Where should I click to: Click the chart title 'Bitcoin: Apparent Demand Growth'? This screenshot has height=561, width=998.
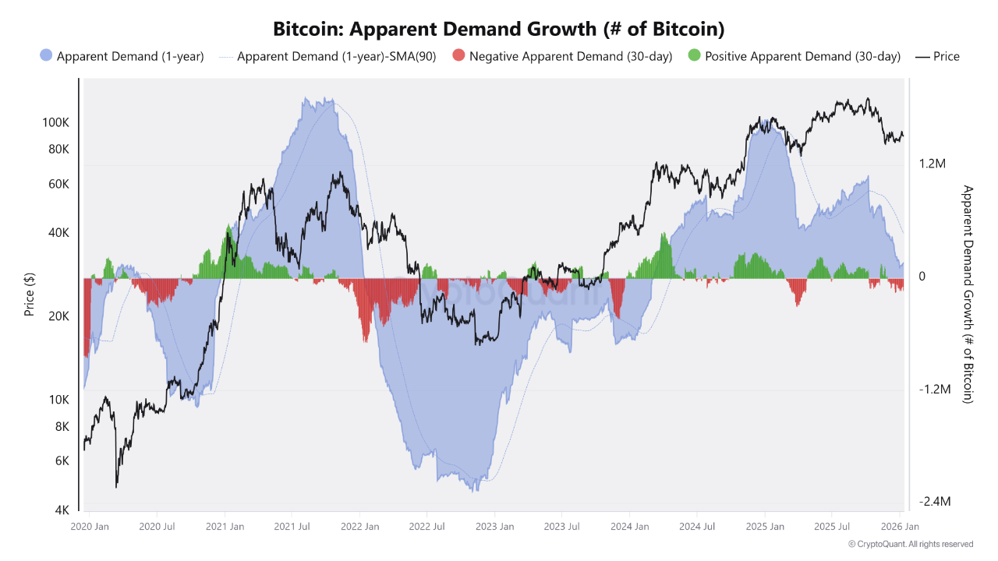point(499,30)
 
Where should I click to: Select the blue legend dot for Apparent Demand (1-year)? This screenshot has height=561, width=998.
point(46,56)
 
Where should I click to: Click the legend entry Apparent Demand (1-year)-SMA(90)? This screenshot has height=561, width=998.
point(336,56)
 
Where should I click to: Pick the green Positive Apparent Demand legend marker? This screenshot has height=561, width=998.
point(695,56)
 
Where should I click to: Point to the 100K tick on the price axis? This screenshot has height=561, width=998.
point(56,122)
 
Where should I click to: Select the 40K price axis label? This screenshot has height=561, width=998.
point(58,233)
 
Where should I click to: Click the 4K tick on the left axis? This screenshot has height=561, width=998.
point(62,510)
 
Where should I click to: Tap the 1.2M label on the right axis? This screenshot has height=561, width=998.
point(932,164)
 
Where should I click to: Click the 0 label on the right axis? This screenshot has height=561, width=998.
point(922,277)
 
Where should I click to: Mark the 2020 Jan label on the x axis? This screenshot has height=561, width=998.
point(90,527)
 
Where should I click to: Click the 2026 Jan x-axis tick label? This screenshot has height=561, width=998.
point(899,527)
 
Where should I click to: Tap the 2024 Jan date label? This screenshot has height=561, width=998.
point(629,527)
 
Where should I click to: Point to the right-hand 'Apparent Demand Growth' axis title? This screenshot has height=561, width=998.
point(968,294)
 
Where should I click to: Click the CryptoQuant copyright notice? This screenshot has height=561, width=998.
point(910,544)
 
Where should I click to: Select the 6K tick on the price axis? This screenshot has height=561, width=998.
point(62,460)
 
